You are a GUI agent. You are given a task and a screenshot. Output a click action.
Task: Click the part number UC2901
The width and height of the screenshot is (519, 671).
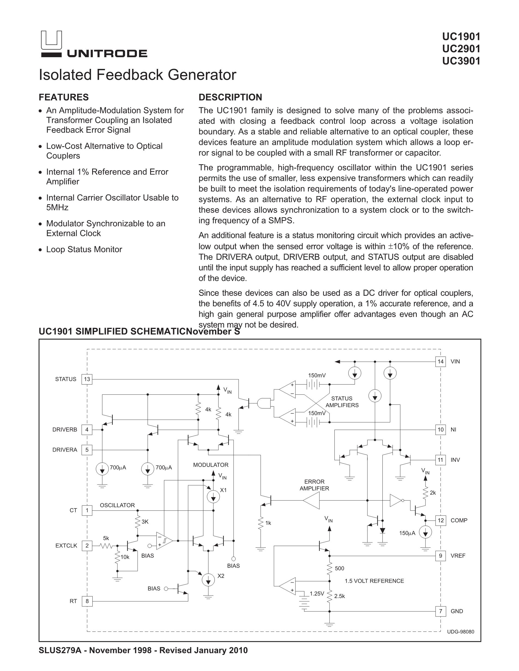pos(461,49)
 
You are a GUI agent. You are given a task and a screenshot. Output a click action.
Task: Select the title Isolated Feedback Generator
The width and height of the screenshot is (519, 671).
pos(137,75)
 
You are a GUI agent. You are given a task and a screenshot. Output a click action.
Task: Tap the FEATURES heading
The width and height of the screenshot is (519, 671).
pos(64,97)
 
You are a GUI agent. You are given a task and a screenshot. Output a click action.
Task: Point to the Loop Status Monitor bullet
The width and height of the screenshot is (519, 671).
pos(84,249)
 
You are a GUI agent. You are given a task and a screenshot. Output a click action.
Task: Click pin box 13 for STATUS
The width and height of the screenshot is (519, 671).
pos(87,379)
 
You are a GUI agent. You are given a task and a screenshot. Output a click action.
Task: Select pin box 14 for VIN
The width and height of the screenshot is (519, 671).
pos(440,362)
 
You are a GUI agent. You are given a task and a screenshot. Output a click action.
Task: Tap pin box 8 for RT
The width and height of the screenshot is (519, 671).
pos(87,601)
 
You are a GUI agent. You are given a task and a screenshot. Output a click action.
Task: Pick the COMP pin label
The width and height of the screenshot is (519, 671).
pos(459,520)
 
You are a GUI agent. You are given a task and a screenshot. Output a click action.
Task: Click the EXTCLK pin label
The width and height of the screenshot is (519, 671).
pos(66,546)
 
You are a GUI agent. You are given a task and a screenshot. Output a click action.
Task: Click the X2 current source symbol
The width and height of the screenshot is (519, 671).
pos(208,579)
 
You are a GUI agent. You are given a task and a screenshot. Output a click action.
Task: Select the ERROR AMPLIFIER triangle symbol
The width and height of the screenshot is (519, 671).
pos(311,501)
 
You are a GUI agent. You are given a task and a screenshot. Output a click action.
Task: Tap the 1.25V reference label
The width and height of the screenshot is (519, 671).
pos(317,594)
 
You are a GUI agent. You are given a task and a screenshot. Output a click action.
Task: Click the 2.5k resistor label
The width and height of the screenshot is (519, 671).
pos(339,596)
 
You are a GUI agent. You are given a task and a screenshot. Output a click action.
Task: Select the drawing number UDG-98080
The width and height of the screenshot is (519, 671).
pos(460,632)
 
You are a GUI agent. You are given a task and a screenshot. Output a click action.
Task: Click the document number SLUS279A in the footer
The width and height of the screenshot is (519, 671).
pos(60,650)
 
